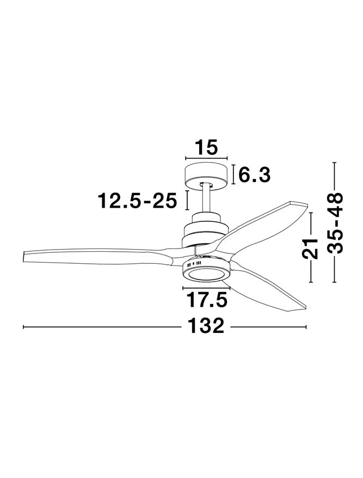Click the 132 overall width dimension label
coord(206,326)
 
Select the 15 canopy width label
coord(206,147)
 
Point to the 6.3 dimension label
coord(254,175)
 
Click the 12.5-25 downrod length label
coord(137,201)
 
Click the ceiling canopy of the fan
coord(206,175)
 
